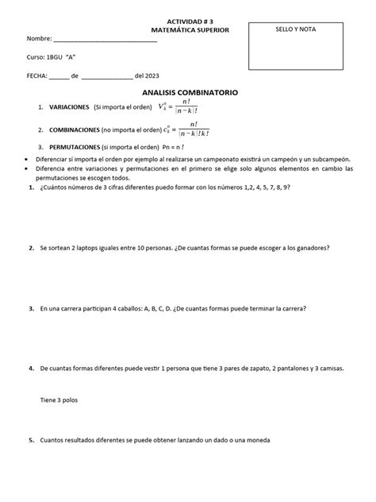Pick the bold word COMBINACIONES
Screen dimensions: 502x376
75,129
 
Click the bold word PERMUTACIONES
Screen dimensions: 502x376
74,148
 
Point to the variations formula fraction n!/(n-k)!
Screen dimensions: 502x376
186,107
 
